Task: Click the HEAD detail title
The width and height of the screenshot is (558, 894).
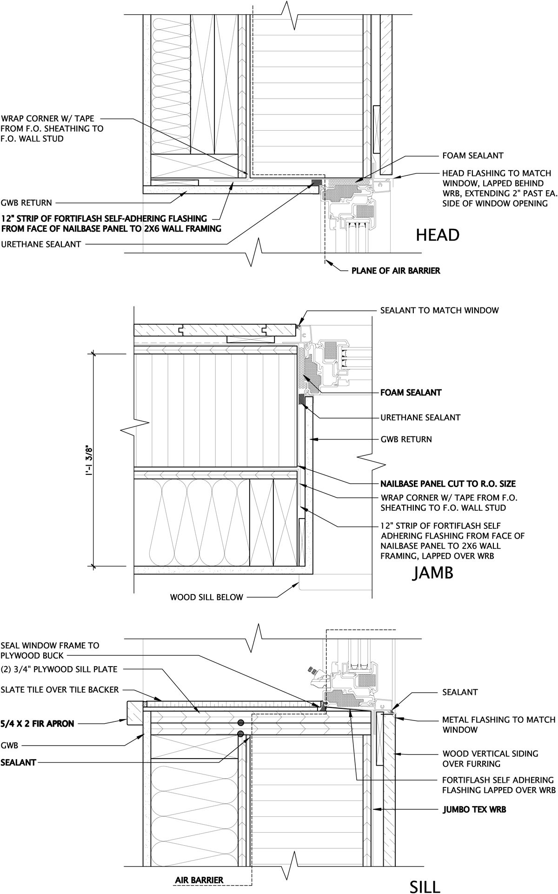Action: pos(438,235)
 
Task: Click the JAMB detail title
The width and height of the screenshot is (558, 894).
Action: pos(432,574)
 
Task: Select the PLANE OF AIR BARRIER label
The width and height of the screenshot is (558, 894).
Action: pos(395,270)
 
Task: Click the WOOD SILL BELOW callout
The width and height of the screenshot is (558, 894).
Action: pos(206,597)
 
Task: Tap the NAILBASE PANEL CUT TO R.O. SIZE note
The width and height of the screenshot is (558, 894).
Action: pos(448,484)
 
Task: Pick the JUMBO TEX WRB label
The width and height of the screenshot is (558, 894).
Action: pos(474,810)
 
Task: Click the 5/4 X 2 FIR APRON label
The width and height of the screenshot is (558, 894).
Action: pos(37,723)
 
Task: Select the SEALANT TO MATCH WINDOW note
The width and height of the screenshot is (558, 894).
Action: pos(439,310)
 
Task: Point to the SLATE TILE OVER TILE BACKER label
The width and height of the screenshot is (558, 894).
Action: pos(60,689)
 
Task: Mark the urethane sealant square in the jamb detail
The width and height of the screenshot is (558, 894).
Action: pos(301,399)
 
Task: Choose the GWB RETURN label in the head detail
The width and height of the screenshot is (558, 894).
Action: pos(26,203)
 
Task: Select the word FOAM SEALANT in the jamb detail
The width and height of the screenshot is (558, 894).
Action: pos(411,393)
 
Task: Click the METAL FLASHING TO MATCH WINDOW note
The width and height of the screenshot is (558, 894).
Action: pos(498,725)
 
